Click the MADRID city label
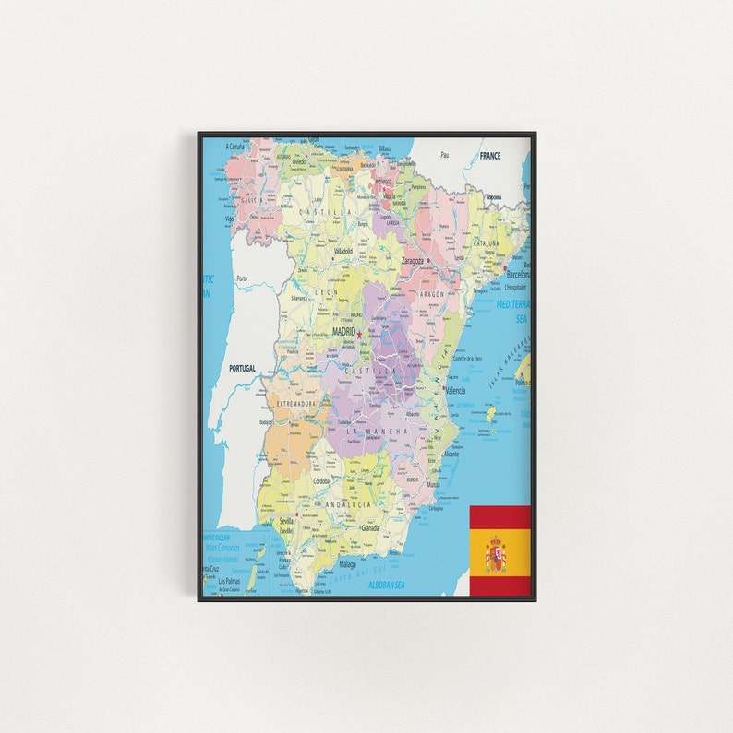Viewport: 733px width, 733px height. [x=342, y=331]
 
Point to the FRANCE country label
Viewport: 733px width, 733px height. [x=489, y=156]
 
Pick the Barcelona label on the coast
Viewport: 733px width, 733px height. [x=518, y=274]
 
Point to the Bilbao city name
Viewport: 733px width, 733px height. [x=384, y=148]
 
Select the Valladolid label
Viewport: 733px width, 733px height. [x=342, y=251]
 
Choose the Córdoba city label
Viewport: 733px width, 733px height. [x=321, y=481]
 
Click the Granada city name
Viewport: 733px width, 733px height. [x=369, y=528]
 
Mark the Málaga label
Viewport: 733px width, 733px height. [x=347, y=563]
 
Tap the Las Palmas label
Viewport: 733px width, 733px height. [x=228, y=581]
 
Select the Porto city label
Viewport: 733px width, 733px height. [x=242, y=278]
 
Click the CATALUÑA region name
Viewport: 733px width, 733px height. [x=486, y=243]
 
